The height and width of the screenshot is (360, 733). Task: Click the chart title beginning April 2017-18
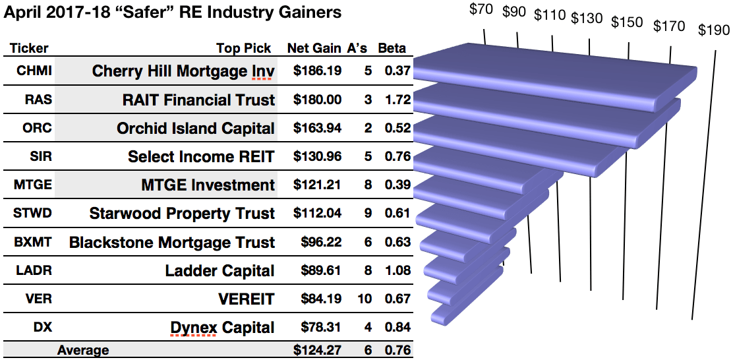[x=173, y=12]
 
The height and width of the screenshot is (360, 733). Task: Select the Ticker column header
[x=28, y=48]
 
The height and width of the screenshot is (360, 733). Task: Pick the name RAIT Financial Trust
[x=198, y=100]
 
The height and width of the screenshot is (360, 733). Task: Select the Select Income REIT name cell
[x=201, y=156]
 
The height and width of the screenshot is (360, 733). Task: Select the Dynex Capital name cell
[x=222, y=327]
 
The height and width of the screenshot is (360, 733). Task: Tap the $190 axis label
[x=715, y=30]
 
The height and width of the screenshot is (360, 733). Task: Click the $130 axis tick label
[x=587, y=18]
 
